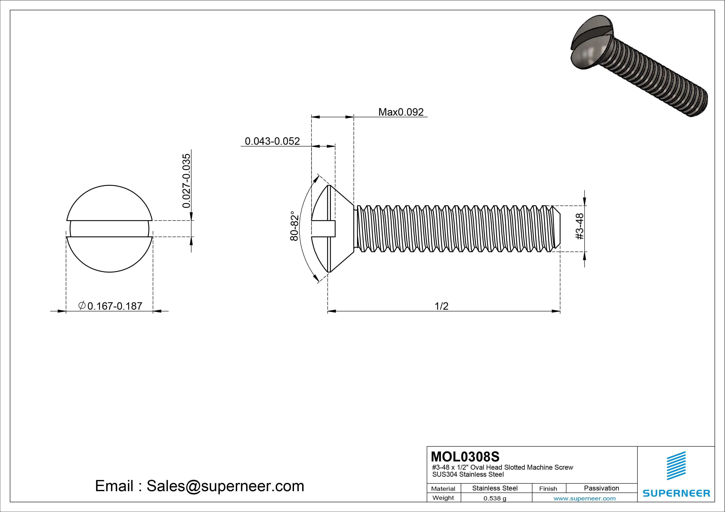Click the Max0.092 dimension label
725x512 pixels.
click(x=401, y=112)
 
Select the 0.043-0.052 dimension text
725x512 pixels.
click(x=272, y=141)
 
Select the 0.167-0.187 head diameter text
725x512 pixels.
click(x=115, y=306)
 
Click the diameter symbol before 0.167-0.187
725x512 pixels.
click(x=82, y=305)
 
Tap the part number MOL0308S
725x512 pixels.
click(x=465, y=456)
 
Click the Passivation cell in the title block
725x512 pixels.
click(x=601, y=488)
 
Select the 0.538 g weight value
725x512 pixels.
click(x=495, y=498)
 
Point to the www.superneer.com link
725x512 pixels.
click(x=584, y=498)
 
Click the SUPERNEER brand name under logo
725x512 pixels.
click(x=676, y=493)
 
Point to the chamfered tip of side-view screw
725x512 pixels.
click(x=557, y=228)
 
